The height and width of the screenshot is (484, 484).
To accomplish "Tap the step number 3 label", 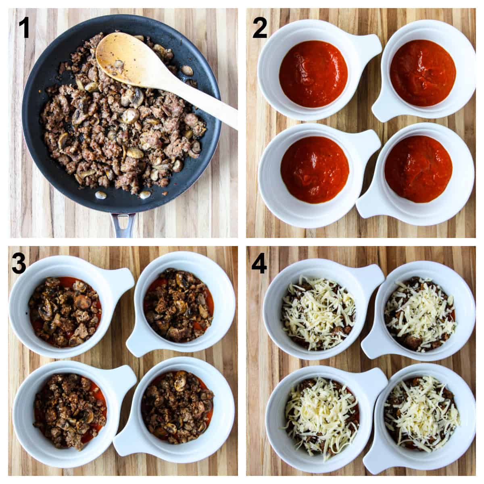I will tap(19, 264).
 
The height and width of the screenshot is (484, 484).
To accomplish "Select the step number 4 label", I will tap(259, 264).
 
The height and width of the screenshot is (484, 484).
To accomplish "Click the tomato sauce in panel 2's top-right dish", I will tap(423, 73).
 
